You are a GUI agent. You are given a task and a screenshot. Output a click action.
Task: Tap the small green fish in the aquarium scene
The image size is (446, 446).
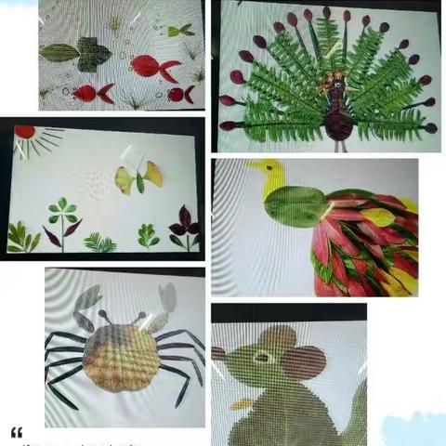(x=178, y=31)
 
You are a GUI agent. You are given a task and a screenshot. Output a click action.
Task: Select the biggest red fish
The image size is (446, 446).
(x=154, y=66)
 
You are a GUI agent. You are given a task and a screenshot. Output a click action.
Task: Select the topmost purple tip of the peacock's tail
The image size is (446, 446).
(x=326, y=12)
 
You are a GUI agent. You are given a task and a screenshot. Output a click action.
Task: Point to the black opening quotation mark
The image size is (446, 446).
(x=16, y=432)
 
